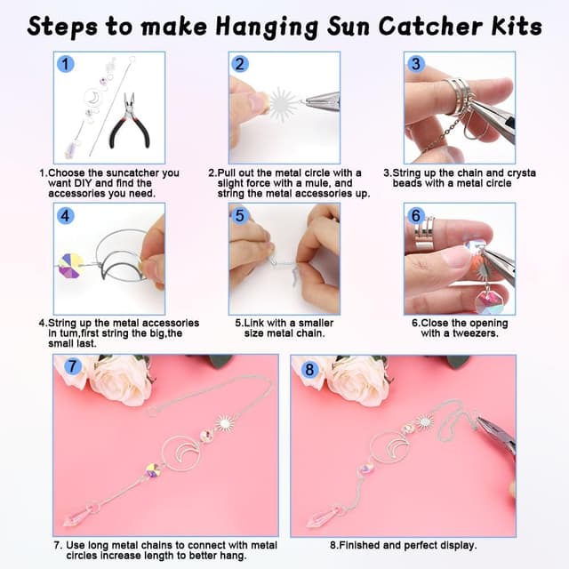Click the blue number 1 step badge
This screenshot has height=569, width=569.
click(65, 64)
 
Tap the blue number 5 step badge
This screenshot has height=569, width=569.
click(240, 215)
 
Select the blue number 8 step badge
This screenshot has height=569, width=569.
click(309, 370)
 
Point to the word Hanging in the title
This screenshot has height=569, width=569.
click(267, 28)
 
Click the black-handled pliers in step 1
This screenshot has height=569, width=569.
click(131, 120)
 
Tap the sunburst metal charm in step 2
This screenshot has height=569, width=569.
click(283, 104)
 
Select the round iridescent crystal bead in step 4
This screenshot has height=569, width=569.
click(71, 266)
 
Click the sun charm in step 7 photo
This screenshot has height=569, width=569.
click(224, 423)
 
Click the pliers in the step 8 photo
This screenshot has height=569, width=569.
click(496, 437)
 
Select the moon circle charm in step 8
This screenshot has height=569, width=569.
click(389, 445)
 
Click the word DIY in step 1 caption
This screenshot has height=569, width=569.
click(83, 183)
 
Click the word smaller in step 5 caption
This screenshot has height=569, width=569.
click(315, 323)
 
